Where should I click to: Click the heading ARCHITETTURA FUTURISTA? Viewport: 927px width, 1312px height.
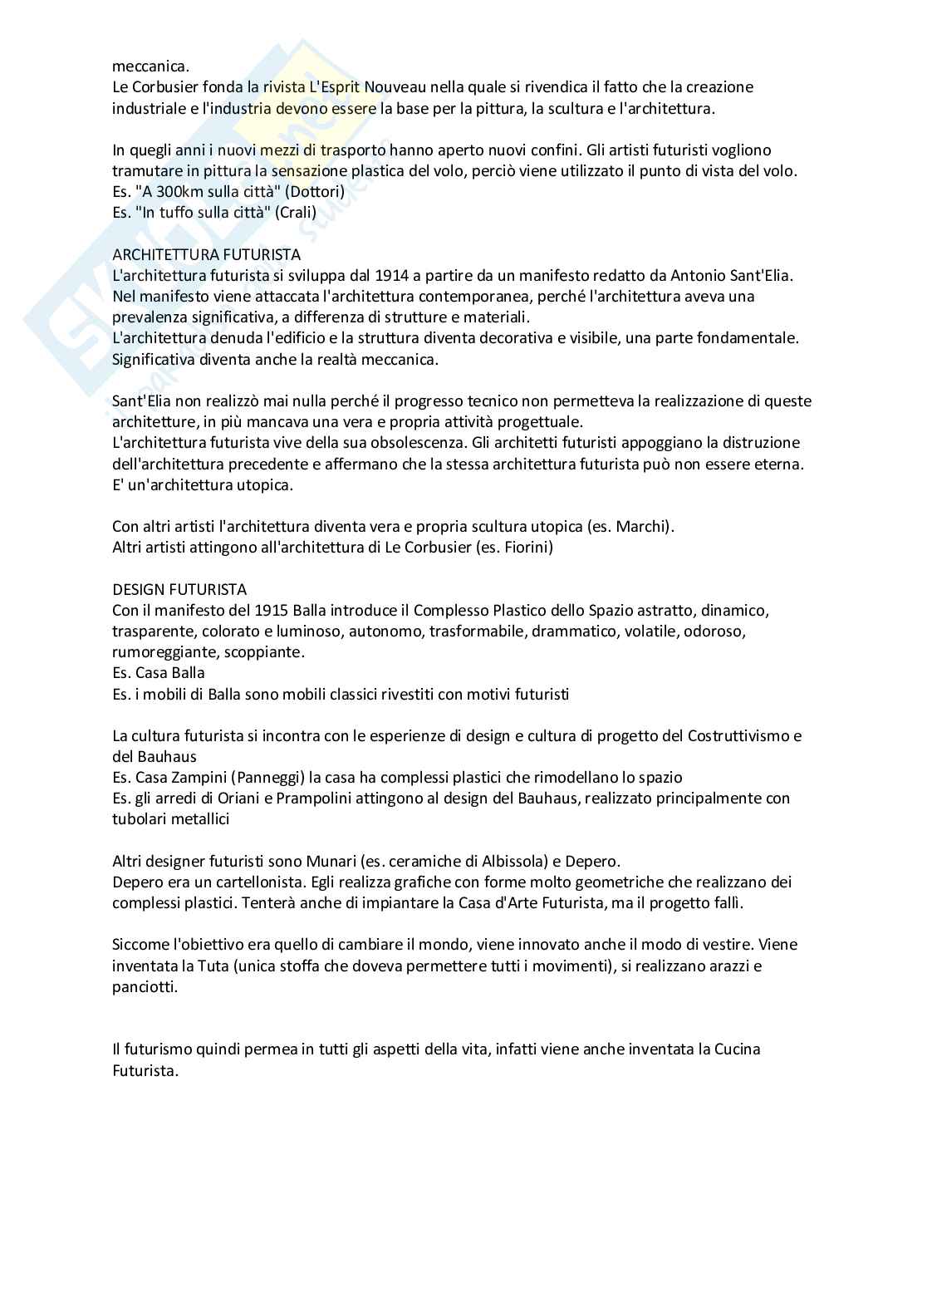coord(206,254)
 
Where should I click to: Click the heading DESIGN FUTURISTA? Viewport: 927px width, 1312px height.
coord(179,590)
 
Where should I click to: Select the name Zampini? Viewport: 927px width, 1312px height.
coord(194,778)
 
